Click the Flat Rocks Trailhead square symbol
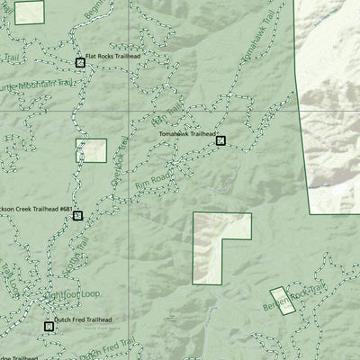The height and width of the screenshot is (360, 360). click(x=80, y=62)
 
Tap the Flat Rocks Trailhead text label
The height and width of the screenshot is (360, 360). click(x=112, y=56)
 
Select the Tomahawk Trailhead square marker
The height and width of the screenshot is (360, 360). click(x=220, y=139)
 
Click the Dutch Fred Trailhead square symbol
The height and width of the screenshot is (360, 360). click(x=49, y=327)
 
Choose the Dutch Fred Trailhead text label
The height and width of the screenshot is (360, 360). click(x=83, y=319)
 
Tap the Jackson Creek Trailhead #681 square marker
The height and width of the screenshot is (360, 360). click(x=77, y=215)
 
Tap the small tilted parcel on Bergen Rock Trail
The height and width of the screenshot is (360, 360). click(x=283, y=301)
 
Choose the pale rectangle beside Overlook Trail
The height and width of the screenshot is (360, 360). click(x=91, y=150)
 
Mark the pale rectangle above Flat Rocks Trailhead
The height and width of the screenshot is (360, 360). click(x=30, y=12)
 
